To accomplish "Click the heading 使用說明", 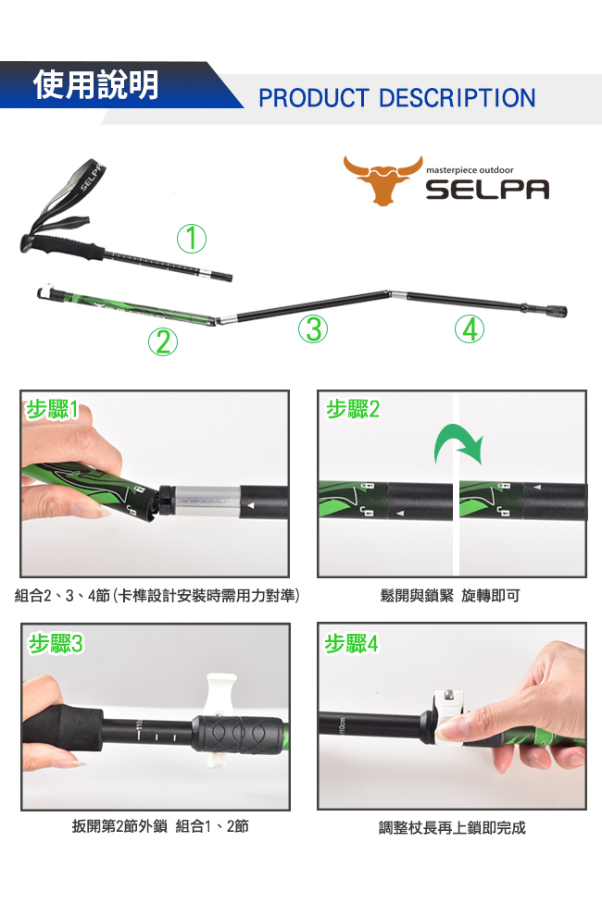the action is click(x=95, y=85).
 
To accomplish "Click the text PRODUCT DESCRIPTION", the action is click(x=397, y=98).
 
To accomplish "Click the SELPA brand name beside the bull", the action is click(x=488, y=189).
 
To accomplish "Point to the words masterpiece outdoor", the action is click(x=470, y=170).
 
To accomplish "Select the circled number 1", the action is click(x=192, y=238).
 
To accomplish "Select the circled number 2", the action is click(x=163, y=341).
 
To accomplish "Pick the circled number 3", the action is click(x=313, y=328).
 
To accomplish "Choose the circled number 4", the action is click(x=470, y=329).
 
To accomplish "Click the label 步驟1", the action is click(x=51, y=409).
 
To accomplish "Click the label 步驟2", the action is click(x=353, y=409).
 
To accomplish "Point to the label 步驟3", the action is click(x=56, y=643).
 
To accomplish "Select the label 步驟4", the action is click(x=352, y=643).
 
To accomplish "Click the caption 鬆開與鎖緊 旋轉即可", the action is click(x=450, y=596).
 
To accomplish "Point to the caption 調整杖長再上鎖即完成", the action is click(x=452, y=828).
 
